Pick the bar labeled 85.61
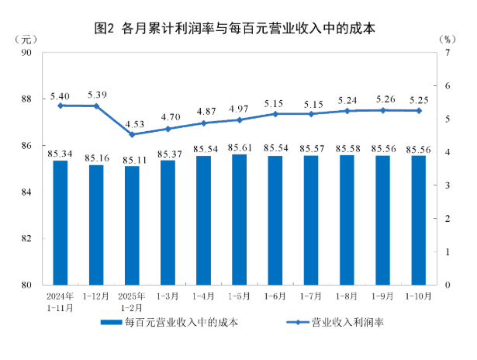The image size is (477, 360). [240, 220]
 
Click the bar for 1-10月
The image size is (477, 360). [418, 220]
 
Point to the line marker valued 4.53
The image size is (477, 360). [132, 134]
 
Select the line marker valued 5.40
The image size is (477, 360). [60, 106]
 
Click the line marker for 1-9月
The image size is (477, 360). [382, 110]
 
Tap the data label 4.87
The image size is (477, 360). [204, 111]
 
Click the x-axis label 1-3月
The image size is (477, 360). [168, 297]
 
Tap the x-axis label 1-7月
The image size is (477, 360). [311, 297]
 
